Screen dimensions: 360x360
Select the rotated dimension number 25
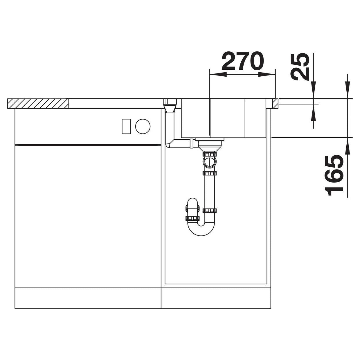(x=299, y=67)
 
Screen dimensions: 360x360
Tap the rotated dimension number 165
(x=333, y=175)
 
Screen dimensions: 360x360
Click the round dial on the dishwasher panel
(x=143, y=126)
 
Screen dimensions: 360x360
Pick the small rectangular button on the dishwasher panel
(x=126, y=126)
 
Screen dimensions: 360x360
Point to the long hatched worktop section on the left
(x=38, y=103)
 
